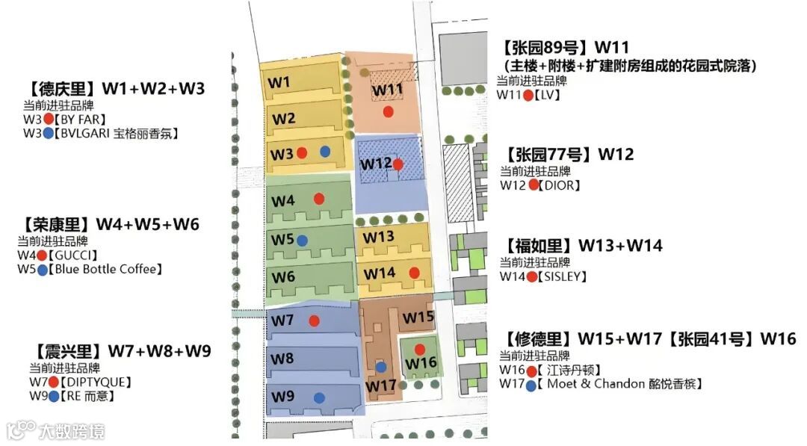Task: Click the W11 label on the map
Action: click(x=387, y=90)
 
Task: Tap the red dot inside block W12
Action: click(x=398, y=164)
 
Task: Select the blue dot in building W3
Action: click(x=325, y=152)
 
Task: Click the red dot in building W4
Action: click(x=319, y=199)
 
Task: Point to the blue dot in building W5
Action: click(x=302, y=241)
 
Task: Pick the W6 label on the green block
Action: click(x=283, y=276)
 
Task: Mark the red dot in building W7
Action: click(x=315, y=320)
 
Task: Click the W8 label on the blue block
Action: click(x=282, y=359)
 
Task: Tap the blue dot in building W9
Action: click(x=320, y=397)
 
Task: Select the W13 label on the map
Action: click(x=378, y=237)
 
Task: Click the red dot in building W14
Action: click(x=414, y=273)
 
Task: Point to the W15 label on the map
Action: click(x=418, y=318)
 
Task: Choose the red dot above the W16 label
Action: click(x=420, y=349)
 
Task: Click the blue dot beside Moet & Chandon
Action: click(x=531, y=385)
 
